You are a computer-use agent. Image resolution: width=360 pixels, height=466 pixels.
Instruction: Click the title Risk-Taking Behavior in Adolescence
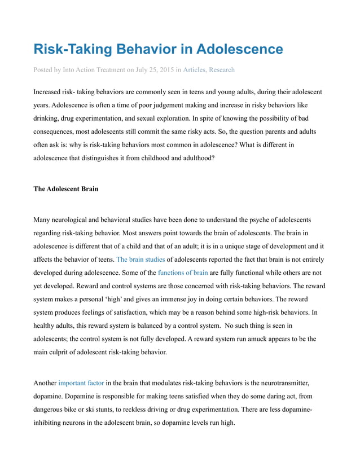tap(158, 49)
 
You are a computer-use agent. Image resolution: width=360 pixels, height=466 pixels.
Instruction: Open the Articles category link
tap(194, 70)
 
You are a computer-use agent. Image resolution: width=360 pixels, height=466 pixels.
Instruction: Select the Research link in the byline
tap(222, 70)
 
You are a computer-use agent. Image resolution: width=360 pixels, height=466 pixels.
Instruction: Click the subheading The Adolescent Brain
tap(66, 189)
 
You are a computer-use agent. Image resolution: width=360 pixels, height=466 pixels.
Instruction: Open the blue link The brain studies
tap(141, 260)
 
